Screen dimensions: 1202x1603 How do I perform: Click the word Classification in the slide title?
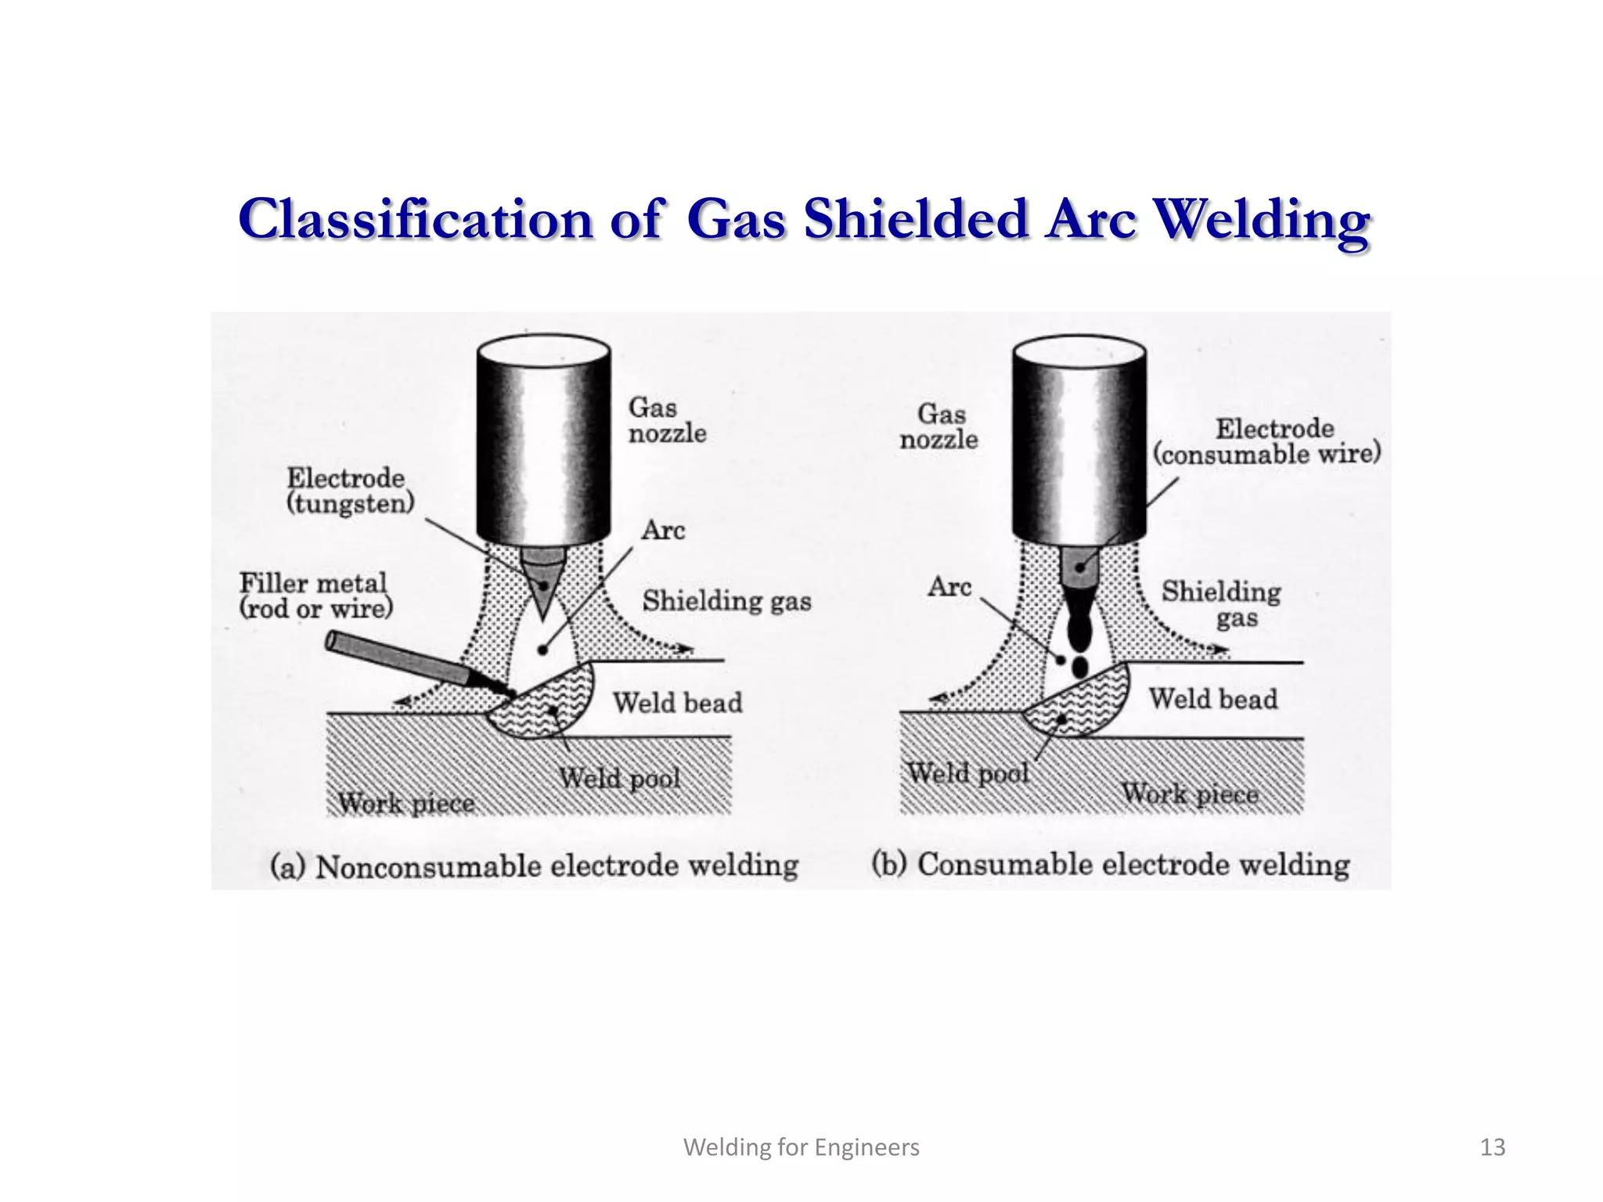click(415, 220)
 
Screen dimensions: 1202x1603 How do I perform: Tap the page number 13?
click(1493, 1147)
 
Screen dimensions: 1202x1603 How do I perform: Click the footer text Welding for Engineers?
click(801, 1147)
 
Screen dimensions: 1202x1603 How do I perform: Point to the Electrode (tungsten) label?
click(349, 491)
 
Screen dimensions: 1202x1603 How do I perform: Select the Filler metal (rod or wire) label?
click(315, 596)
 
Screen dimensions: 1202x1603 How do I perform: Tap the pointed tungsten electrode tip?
click(543, 595)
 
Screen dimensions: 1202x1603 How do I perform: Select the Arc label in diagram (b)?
click(949, 587)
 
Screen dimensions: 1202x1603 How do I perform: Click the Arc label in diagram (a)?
click(663, 531)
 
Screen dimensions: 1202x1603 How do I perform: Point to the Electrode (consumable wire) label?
click(1266, 441)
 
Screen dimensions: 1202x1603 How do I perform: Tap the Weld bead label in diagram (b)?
click(1212, 699)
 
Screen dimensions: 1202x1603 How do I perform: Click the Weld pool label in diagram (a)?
click(619, 778)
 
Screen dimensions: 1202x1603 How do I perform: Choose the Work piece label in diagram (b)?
click(1190, 794)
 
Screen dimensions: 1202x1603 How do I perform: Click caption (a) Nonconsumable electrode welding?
click(534, 866)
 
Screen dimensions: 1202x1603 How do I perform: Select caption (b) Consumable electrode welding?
click(1110, 865)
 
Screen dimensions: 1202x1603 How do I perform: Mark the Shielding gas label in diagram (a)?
click(726, 601)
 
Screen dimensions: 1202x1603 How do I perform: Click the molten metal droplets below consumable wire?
click(1079, 634)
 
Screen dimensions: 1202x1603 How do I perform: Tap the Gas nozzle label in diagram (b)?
click(938, 426)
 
